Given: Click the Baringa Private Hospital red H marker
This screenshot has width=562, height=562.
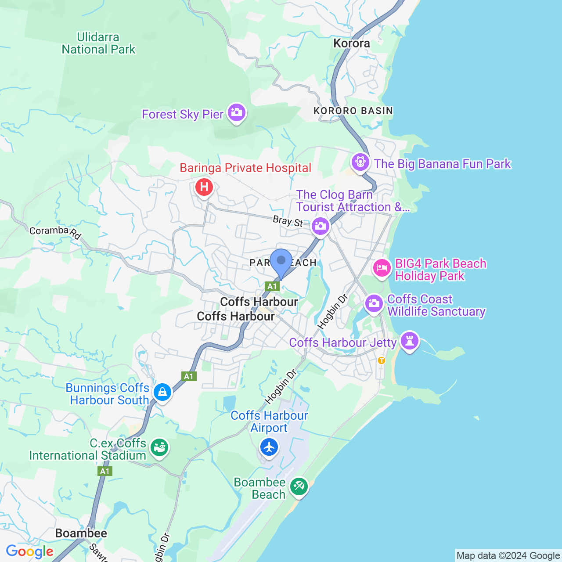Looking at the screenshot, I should coord(204,187).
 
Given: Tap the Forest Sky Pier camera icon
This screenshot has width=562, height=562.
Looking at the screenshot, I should coord(237,112).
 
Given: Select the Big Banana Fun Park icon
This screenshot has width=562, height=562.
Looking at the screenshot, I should coord(360,162).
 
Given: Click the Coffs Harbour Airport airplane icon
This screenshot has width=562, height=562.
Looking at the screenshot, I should coord(269,447).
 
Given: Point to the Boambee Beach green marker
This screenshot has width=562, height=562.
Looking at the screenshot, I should coord(299,486).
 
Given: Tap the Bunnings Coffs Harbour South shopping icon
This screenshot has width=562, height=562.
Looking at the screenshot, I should coord(162,392).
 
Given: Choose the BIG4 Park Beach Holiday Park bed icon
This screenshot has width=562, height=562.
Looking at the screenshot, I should coord(382,267).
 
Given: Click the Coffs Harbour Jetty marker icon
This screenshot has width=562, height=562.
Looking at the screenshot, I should coord(409,340).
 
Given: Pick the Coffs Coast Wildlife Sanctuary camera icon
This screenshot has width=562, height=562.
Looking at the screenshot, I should coord(374,303).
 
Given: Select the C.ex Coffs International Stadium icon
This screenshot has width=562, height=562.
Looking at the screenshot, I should coord(159,447).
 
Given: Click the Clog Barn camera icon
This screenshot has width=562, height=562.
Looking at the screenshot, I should coord(320,226).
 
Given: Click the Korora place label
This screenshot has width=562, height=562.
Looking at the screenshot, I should coord(352,43).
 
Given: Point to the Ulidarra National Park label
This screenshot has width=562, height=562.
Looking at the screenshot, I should coord(98,43).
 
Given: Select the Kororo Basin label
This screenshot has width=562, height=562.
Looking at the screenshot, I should coord(353,111).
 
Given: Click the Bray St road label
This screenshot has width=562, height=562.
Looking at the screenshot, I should coord(288,221).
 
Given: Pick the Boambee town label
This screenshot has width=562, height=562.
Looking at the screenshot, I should coord(81,533).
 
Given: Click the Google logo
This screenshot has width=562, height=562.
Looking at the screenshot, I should coord(29,551).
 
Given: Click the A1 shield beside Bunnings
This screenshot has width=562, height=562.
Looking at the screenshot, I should coord(189,376).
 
